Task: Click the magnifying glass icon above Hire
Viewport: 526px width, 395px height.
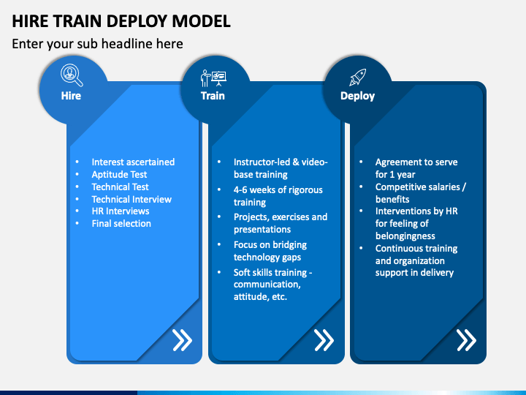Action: (72, 75)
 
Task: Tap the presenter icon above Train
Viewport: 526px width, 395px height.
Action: (213, 78)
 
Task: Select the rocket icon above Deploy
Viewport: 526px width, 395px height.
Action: (357, 78)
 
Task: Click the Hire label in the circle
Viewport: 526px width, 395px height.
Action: (71, 96)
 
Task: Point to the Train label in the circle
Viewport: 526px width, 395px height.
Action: (213, 96)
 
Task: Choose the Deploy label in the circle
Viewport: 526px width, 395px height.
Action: (357, 96)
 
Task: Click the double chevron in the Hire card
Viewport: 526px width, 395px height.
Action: (182, 340)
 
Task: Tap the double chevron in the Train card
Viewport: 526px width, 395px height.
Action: (324, 340)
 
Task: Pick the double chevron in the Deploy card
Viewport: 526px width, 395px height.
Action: (466, 340)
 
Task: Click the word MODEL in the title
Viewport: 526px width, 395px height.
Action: (202, 21)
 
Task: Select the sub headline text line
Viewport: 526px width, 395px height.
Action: (98, 44)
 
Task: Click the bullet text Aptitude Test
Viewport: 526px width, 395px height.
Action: (119, 175)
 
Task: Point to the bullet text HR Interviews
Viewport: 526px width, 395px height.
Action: (121, 211)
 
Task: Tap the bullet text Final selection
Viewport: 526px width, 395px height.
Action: (121, 223)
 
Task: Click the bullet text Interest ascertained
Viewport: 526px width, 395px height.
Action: (133, 162)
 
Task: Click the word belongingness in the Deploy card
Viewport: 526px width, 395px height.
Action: (405, 236)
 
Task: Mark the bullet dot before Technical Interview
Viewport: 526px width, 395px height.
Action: (77, 199)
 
